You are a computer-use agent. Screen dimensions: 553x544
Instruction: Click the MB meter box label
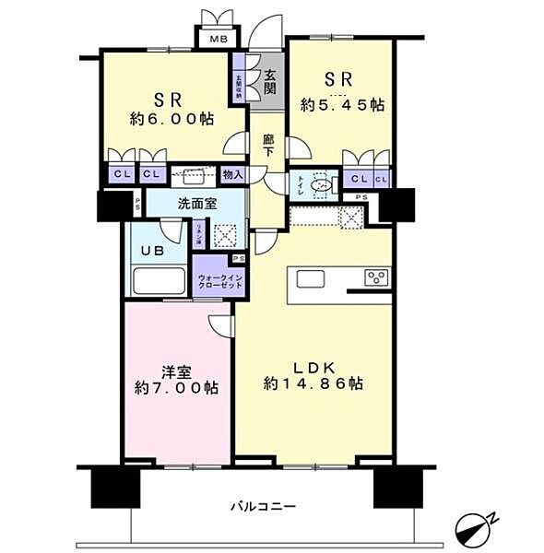[x=217, y=39]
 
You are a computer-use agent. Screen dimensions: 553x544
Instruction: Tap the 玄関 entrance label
[x=269, y=82]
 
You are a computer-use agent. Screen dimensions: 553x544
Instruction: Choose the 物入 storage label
[x=232, y=173]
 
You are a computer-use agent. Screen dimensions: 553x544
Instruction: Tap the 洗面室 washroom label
[x=198, y=204]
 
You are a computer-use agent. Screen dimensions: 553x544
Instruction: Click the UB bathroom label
[x=152, y=250]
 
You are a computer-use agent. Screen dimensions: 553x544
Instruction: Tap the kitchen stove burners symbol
[x=377, y=276]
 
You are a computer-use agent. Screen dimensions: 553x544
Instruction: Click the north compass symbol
[x=476, y=529]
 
